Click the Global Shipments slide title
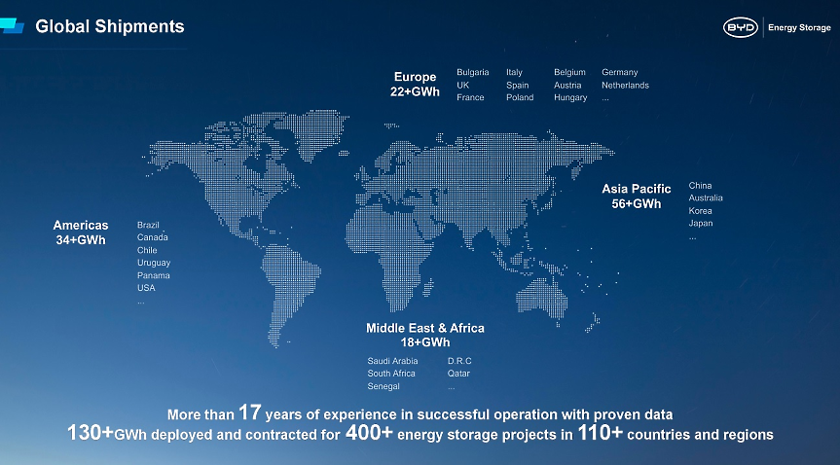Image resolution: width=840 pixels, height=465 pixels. click(x=110, y=26)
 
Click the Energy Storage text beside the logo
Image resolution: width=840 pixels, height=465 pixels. click(x=798, y=27)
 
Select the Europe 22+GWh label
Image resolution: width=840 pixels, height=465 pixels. click(x=416, y=85)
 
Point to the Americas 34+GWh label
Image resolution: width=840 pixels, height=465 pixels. click(x=81, y=232)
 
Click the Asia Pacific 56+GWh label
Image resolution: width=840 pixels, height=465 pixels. click(x=637, y=197)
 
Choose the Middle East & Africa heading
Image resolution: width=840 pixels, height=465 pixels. click(x=425, y=329)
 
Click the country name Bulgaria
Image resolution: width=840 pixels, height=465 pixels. click(x=473, y=72)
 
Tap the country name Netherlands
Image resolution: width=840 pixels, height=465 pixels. click(x=625, y=85)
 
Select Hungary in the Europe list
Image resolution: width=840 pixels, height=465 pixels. click(x=570, y=97)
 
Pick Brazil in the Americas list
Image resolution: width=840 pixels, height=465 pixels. click(x=149, y=225)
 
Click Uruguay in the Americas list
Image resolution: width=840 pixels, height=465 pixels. click(x=154, y=263)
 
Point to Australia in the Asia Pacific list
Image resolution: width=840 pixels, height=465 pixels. click(x=706, y=197)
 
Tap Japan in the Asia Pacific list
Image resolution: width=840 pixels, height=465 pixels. click(x=701, y=223)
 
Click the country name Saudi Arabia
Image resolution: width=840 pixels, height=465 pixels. click(x=392, y=361)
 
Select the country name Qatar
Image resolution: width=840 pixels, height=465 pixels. click(x=458, y=374)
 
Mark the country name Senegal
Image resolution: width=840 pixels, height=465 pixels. click(x=384, y=386)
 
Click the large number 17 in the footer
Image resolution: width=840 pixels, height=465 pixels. click(x=250, y=412)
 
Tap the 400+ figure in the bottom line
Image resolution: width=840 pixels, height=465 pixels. click(x=369, y=433)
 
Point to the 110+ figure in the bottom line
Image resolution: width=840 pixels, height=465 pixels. click(x=601, y=433)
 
